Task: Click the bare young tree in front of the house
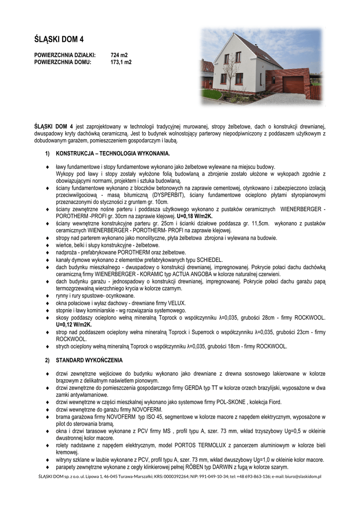coord(230,75)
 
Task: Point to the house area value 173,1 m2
coord(120,63)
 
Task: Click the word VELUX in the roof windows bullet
coord(176,303)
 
